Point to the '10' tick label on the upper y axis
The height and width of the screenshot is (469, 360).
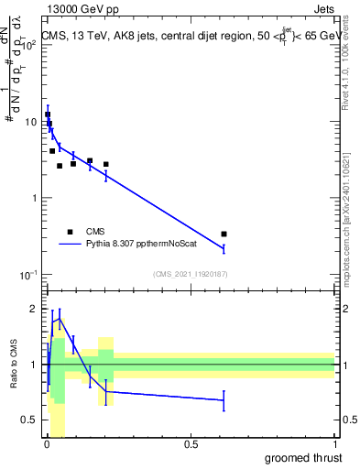pyautogui.click(x=30, y=122)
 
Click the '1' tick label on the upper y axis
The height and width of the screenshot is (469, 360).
pyautogui.click(x=34, y=199)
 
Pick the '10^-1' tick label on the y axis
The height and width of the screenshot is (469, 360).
pyautogui.click(x=29, y=275)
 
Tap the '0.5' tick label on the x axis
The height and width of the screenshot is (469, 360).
pyautogui.click(x=191, y=444)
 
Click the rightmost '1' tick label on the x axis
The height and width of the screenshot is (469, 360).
pyautogui.click(x=335, y=444)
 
